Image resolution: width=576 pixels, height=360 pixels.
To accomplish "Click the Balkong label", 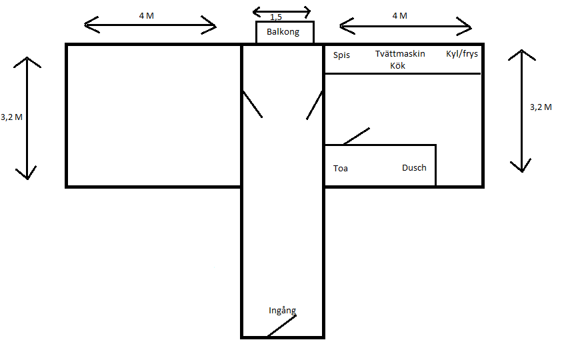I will (283, 32).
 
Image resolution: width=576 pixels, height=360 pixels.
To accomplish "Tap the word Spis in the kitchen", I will (341, 55).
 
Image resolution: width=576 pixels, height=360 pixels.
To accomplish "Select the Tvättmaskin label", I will (400, 54).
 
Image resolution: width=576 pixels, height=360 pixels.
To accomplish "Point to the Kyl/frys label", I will (462, 54).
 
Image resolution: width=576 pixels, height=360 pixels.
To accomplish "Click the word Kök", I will (398, 65).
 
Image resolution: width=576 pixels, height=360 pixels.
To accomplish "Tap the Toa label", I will (341, 169).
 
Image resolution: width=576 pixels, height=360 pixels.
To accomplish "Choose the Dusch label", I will (414, 168).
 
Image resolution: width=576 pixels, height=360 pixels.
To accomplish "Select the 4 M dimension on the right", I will (399, 15).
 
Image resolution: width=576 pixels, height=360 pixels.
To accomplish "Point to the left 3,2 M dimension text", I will (12, 117).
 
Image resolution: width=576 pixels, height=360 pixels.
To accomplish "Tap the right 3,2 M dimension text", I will (540, 107).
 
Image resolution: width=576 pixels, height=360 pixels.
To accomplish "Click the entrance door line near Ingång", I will (281, 326).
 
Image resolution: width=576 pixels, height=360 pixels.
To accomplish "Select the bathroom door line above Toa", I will (356, 136).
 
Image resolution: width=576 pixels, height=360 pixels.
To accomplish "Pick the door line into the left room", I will (252, 104).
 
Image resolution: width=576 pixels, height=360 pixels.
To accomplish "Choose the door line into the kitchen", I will (315, 105).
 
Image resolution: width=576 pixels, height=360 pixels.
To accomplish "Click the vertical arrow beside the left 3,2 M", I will (27, 118).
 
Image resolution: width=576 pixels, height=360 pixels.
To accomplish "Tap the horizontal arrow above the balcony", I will (282, 11).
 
